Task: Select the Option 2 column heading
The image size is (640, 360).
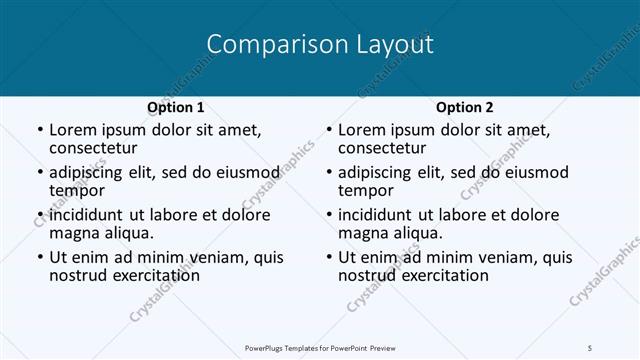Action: [x=464, y=107]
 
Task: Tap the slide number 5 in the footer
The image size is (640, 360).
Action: [x=590, y=346]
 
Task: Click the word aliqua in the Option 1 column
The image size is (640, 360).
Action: [x=125, y=233]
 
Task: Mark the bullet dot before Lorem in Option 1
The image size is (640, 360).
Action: [x=39, y=131]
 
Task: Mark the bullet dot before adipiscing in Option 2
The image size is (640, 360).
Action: [x=328, y=174]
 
